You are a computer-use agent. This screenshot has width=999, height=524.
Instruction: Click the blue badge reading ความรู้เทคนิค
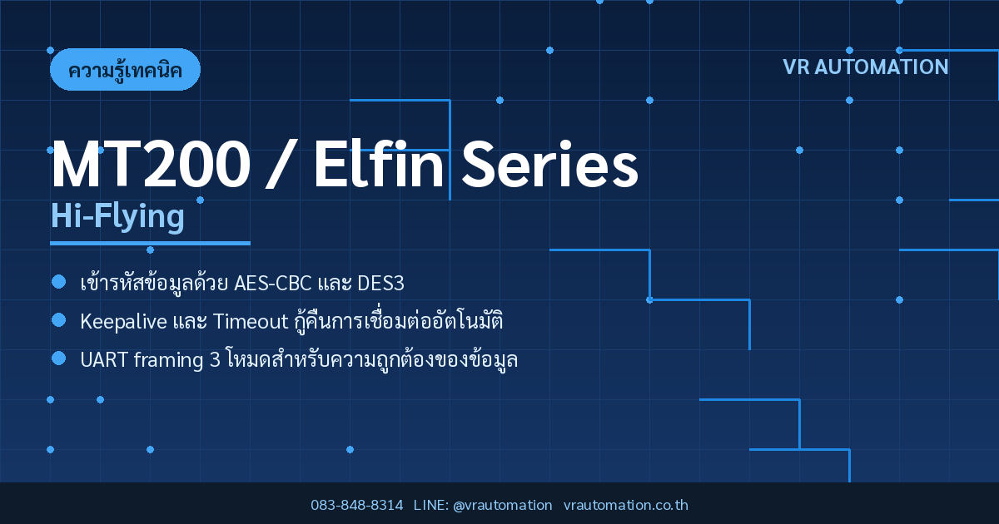(126, 70)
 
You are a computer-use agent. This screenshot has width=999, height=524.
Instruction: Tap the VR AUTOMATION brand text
(866, 67)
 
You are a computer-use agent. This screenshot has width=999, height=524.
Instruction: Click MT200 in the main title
(151, 164)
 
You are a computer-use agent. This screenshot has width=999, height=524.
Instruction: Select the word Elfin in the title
(379, 164)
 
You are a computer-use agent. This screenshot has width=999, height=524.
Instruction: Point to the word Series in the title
(550, 164)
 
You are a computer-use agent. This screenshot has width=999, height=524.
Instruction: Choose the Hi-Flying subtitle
(117, 216)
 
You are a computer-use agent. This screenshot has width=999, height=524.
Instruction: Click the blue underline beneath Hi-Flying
(151, 243)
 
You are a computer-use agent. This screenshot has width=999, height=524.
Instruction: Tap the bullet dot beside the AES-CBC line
(59, 282)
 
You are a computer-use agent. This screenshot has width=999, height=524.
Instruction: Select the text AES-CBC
(272, 284)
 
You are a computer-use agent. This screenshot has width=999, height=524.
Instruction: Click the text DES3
(381, 284)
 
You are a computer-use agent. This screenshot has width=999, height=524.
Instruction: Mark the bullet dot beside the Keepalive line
(59, 320)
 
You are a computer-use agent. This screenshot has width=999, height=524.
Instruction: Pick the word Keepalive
(123, 322)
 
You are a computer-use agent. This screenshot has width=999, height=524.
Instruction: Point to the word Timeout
(251, 322)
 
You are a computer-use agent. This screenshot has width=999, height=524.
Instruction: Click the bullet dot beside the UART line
(59, 358)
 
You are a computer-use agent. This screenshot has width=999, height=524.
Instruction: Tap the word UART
(104, 360)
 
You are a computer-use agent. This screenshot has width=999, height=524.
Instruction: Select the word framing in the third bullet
(168, 360)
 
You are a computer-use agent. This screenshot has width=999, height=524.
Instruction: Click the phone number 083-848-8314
(357, 506)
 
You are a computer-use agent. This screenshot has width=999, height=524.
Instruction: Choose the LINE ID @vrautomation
(503, 506)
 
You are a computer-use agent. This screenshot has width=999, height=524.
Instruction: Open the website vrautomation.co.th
(626, 506)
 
